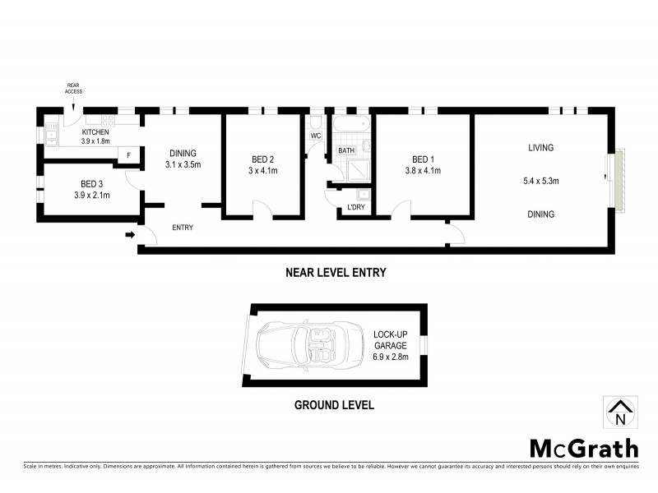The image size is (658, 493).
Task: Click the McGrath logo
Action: click(583, 448)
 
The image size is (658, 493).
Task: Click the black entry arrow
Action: click(130, 236)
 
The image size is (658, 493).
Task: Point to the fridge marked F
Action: click(128, 154)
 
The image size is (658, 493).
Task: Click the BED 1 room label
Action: click(422, 159)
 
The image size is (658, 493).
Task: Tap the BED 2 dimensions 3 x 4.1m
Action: click(263, 171)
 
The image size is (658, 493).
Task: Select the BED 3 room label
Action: click(91, 184)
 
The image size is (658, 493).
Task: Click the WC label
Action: click(315, 136)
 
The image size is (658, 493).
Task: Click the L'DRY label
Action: click(356, 206)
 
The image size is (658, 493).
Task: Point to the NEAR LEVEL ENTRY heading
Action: click(335, 272)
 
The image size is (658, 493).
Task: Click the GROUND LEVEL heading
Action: click(335, 404)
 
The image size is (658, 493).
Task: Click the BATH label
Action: click(346, 150)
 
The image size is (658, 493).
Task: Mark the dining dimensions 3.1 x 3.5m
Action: click(183, 164)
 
